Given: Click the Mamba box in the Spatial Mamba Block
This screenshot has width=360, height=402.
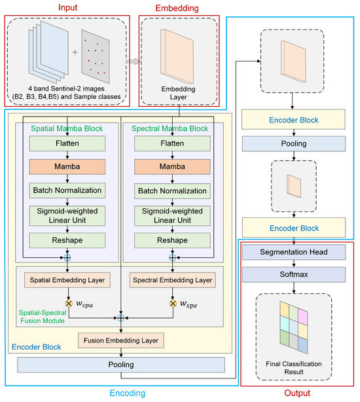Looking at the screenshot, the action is [67, 167].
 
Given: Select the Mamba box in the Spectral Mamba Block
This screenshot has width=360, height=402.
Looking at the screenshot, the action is [172, 167].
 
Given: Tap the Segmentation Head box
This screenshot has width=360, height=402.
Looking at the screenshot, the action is [294, 252].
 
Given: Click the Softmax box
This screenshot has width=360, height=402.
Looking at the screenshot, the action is [294, 274].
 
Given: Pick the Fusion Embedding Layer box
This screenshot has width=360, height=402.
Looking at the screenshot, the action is [121, 340].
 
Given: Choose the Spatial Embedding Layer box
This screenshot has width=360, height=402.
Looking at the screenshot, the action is [67, 280].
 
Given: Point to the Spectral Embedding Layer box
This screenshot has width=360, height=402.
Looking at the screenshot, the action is [172, 280].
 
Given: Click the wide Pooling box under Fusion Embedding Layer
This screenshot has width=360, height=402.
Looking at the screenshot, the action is [121, 365].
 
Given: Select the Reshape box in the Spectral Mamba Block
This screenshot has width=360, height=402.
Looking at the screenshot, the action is [172, 240].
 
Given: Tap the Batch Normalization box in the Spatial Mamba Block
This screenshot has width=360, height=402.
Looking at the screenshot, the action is [67, 191].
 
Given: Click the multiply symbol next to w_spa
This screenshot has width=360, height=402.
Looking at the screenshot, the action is [69, 304].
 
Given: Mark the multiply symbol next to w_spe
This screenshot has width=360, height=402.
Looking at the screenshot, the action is [173, 304].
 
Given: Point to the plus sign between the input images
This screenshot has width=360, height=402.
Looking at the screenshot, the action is [75, 52].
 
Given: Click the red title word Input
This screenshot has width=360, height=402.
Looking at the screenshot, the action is [67, 7].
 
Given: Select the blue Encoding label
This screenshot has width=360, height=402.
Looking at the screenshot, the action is [128, 393].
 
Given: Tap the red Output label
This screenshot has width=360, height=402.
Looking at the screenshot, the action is [297, 393].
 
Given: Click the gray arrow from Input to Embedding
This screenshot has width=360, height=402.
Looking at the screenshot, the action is [133, 62].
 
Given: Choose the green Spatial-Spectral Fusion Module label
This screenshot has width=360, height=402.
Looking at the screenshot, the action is [43, 317].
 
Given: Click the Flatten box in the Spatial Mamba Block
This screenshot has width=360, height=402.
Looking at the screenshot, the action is [67, 143].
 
